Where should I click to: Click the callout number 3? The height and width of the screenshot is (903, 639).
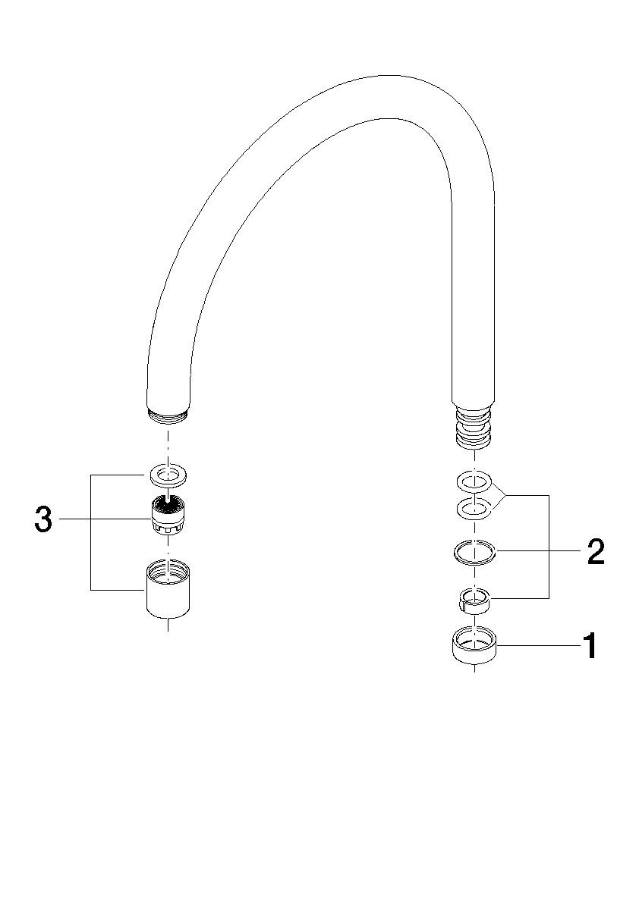tap(43, 519)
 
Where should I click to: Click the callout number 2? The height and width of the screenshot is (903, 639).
tap(595, 552)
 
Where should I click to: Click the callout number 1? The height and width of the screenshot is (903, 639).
tap(590, 645)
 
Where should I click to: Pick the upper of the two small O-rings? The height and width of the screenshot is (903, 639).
tap(474, 480)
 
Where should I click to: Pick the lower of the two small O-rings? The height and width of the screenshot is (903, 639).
tap(474, 508)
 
